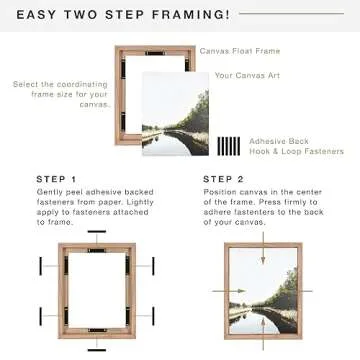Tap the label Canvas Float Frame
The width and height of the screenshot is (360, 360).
pyautogui.click(x=240, y=51)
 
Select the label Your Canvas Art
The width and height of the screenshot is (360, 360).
pyautogui.click(x=245, y=75)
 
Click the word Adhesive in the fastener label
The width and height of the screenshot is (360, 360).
pyautogui.click(x=264, y=141)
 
